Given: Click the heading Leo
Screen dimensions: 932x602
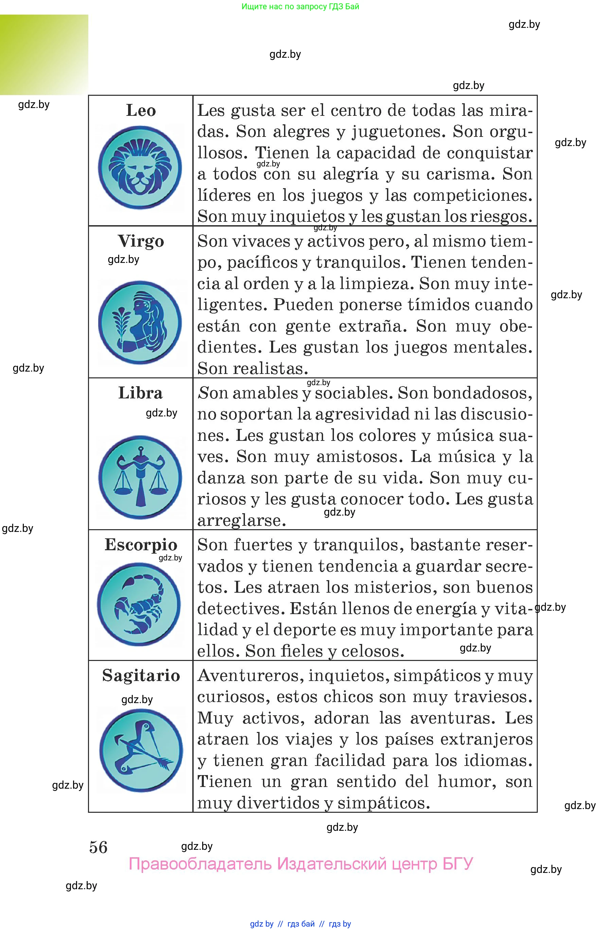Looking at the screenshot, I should (141, 111).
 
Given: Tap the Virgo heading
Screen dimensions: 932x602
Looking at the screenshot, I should (141, 241).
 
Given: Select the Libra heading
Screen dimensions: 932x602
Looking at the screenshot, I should (140, 393).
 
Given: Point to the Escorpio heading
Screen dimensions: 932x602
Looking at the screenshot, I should (141, 545).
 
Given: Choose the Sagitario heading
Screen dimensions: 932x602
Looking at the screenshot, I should (141, 676).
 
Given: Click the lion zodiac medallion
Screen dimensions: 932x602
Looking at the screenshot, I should (140, 167).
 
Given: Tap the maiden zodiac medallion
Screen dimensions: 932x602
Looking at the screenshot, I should (140, 322).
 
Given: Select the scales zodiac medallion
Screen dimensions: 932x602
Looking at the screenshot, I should (140, 477).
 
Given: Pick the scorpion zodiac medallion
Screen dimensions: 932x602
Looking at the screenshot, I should (139, 604).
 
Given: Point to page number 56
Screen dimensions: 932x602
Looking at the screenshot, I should (98, 847).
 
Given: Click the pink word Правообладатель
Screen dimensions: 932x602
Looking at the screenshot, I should (200, 864).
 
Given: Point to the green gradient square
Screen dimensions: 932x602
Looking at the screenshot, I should (44, 55).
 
